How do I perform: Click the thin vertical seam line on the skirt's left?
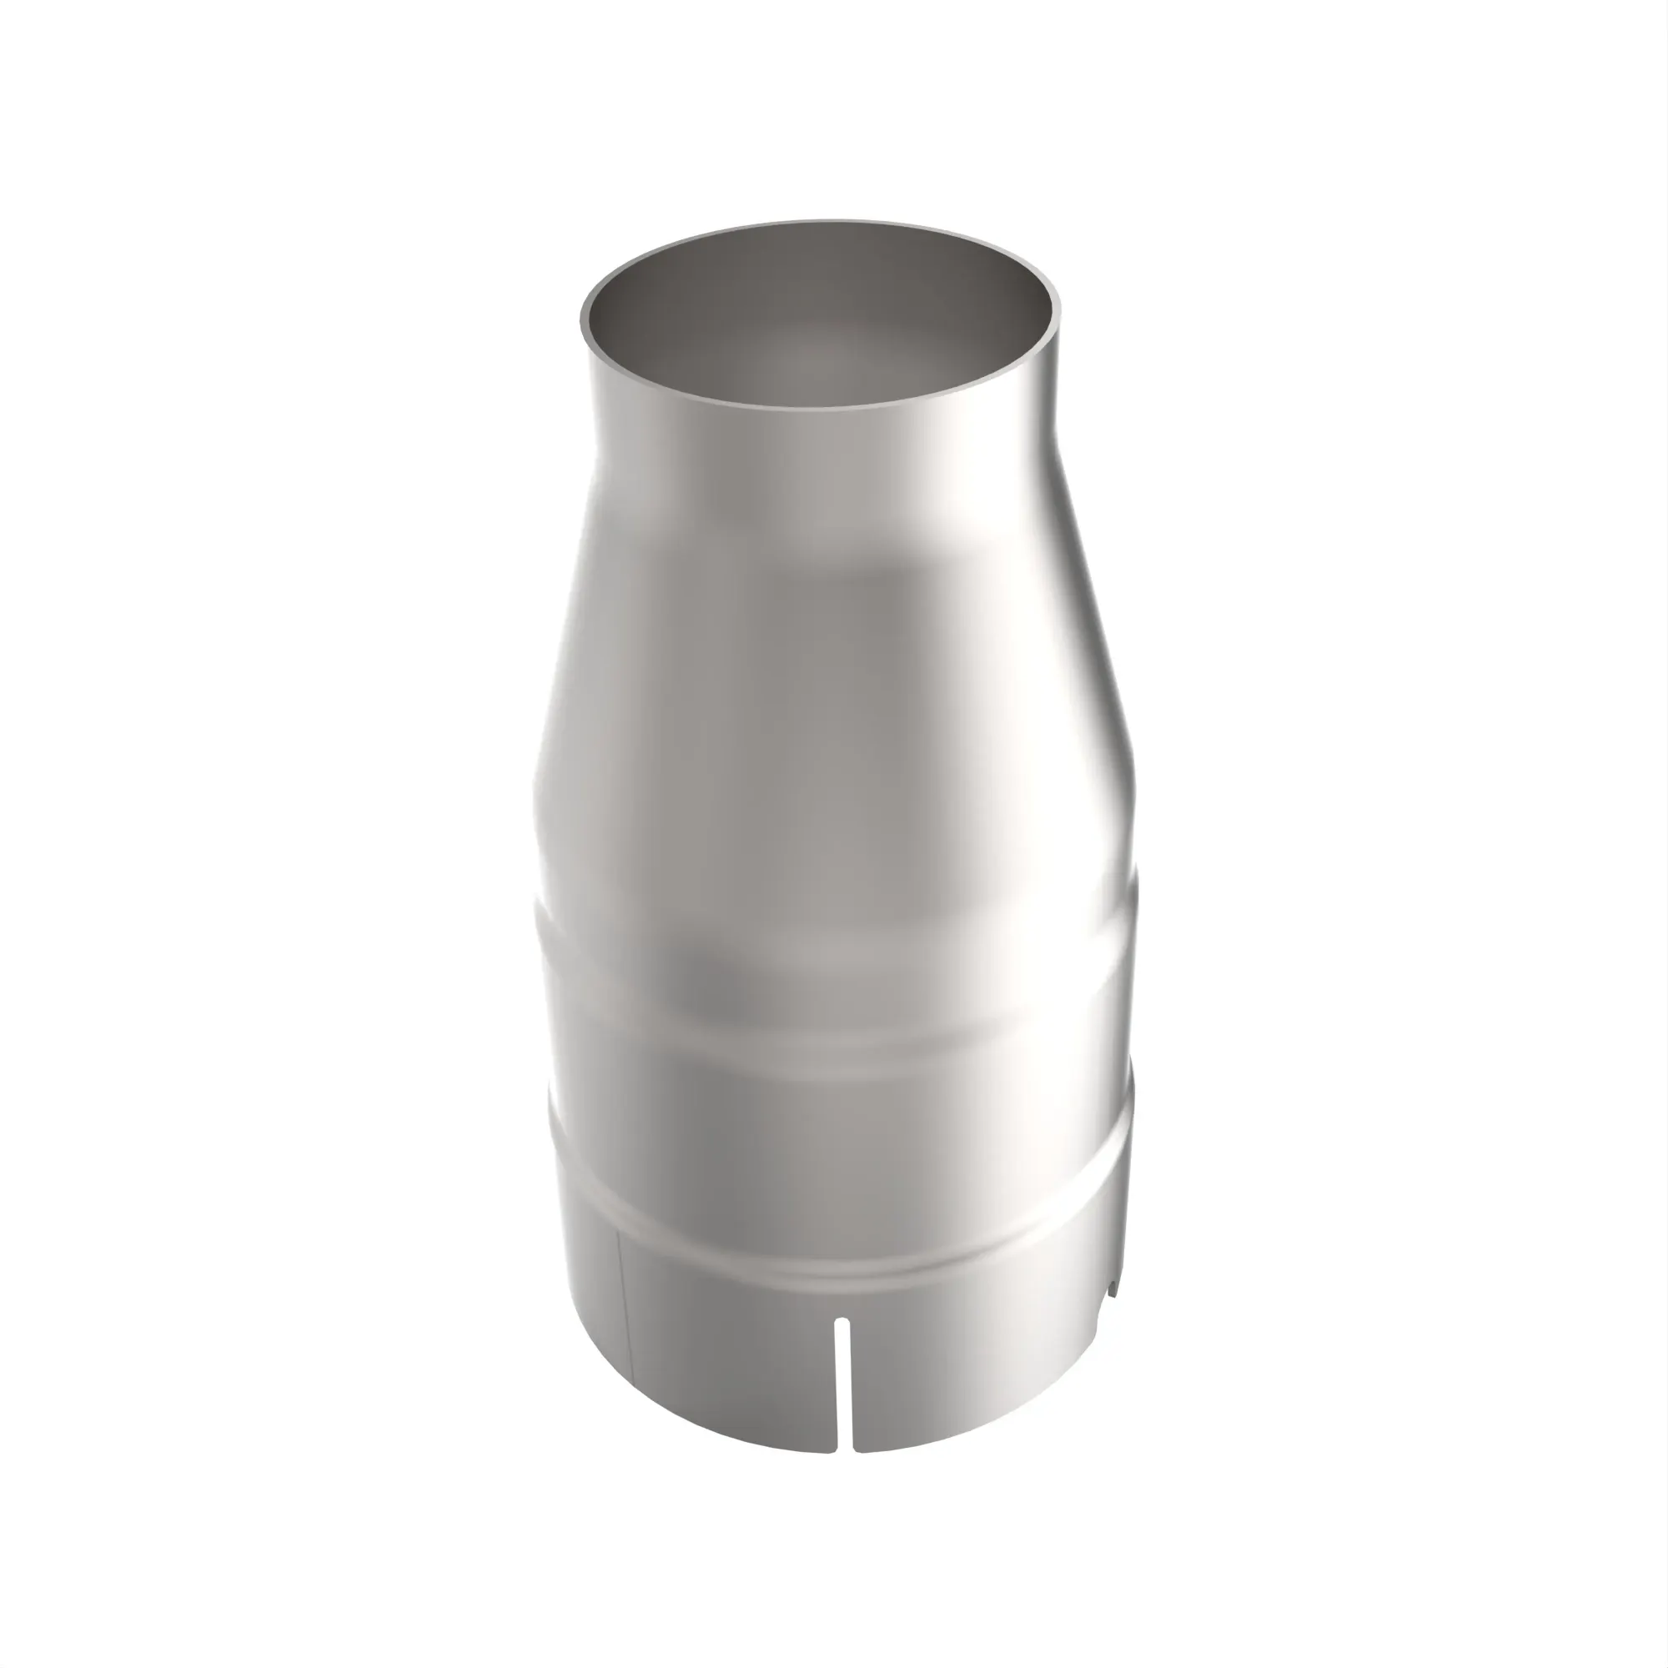[x=625, y=1321]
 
